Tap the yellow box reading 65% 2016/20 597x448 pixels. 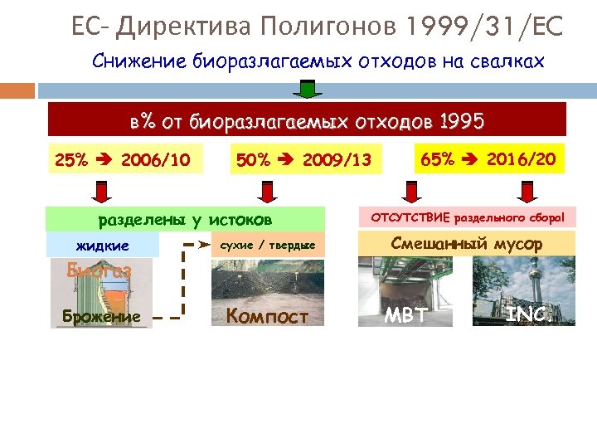click(x=488, y=158)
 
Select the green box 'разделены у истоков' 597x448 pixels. click(x=185, y=219)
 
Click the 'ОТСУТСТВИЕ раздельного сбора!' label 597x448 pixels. click(x=467, y=217)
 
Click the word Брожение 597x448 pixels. click(x=101, y=316)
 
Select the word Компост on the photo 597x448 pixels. click(x=268, y=316)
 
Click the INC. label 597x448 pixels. click(x=528, y=315)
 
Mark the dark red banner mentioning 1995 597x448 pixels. click(x=306, y=120)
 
